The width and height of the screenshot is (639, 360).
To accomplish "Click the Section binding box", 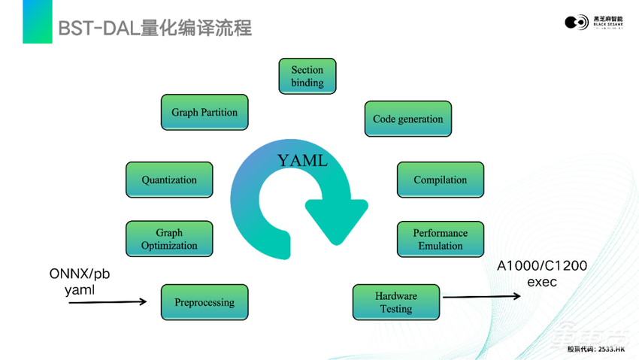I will coord(307,76).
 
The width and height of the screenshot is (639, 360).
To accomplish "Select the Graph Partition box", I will coord(204,113).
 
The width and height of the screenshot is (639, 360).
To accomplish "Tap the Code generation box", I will coord(407,119).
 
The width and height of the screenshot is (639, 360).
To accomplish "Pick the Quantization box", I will coord(169,180).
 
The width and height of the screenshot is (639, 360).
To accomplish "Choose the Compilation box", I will coord(440,180).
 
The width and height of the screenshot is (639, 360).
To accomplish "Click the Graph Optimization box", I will coord(169,239).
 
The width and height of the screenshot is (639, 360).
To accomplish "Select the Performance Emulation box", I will coord(440,239).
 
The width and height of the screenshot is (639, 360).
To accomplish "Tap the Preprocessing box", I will coord(204,302).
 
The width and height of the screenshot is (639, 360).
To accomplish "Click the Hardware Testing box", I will coord(395,302).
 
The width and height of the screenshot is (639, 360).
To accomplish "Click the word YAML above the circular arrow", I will coord(302,161).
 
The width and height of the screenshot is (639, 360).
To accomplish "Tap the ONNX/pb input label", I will coord(79,274).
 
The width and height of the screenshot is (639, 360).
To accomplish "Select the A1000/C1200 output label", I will coord(542,265).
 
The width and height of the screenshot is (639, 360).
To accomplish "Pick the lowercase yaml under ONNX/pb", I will coord(79,289).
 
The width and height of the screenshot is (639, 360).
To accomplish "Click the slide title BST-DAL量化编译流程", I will coord(155,29).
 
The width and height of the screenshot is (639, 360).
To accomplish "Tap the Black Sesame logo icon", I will coord(577,23).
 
